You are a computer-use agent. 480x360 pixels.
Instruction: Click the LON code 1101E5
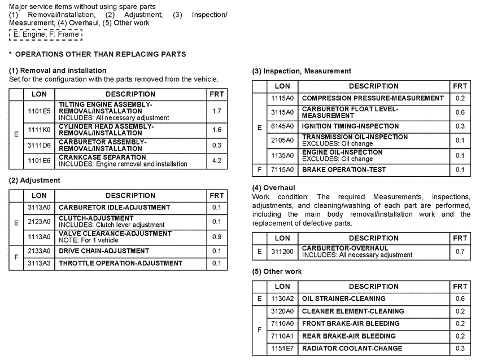(39, 111)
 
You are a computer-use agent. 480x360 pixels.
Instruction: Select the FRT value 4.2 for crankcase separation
(216, 160)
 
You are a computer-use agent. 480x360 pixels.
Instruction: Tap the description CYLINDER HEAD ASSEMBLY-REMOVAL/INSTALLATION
(106, 129)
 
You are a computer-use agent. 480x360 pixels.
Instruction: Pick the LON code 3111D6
(39, 145)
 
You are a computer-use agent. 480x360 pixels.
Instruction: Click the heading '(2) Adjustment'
(34, 181)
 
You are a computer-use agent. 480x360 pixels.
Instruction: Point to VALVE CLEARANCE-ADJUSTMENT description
(115, 234)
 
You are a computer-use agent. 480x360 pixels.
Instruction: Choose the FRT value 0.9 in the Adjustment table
(216, 236)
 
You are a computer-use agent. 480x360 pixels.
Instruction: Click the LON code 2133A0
(39, 251)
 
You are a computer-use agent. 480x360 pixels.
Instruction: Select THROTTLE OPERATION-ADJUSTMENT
(120, 264)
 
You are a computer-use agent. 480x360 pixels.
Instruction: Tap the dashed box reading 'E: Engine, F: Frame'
(46, 34)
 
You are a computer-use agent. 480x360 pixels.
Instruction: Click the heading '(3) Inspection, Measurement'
(302, 71)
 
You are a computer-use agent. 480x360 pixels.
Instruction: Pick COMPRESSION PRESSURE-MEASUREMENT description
(373, 98)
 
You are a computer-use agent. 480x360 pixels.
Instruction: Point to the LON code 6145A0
(282, 126)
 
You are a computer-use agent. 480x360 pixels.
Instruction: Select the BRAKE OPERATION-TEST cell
(344, 170)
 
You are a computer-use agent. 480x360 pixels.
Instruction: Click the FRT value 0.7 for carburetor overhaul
(460, 251)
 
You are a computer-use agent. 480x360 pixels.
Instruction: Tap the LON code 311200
(282, 251)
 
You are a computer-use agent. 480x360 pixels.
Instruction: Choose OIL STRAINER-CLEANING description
(343, 299)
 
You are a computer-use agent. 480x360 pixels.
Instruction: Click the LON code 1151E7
(282, 349)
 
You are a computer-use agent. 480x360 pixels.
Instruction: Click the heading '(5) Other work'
(277, 271)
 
